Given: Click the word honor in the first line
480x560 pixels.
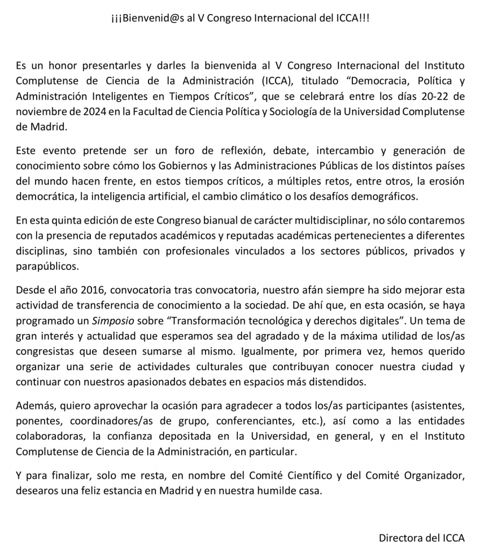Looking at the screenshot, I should [69, 67].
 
